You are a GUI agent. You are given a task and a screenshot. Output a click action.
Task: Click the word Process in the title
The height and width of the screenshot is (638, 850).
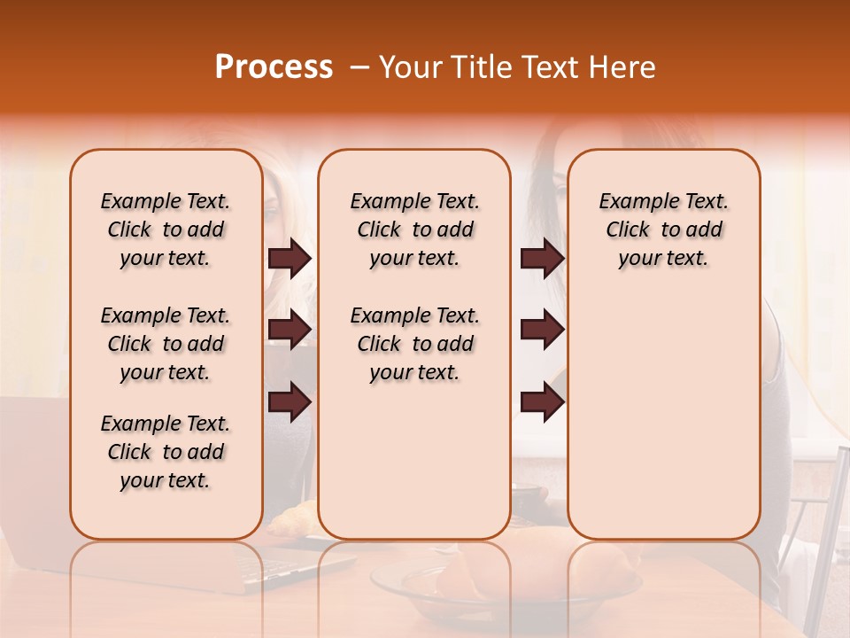click(x=273, y=67)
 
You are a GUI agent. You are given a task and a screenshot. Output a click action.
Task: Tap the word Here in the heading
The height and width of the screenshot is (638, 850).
click(x=622, y=67)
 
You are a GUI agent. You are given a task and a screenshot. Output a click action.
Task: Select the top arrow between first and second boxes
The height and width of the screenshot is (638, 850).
click(x=289, y=259)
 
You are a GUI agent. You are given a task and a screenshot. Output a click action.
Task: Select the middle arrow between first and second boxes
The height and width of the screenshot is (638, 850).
click(x=289, y=330)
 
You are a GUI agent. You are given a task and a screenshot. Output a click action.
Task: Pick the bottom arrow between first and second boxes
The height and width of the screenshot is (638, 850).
click(x=289, y=403)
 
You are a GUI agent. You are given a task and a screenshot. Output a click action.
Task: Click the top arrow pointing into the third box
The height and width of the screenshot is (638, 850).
click(x=542, y=259)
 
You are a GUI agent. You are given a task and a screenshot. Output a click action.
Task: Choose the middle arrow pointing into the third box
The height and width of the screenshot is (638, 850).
click(x=542, y=330)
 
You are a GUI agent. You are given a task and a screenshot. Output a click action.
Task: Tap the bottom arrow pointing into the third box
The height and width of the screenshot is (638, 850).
click(x=542, y=403)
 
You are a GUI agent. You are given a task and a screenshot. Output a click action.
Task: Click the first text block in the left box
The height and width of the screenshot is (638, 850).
click(x=166, y=230)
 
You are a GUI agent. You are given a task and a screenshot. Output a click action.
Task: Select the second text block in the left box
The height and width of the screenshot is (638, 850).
click(x=166, y=344)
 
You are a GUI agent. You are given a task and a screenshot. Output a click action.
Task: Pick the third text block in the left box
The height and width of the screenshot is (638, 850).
click(x=166, y=452)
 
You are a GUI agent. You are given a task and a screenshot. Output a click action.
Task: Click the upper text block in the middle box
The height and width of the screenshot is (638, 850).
click(x=414, y=230)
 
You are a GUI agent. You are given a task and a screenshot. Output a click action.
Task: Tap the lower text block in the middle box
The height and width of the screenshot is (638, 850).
click(x=414, y=344)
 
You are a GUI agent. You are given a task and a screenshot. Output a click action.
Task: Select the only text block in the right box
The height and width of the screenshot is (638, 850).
click(x=664, y=230)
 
